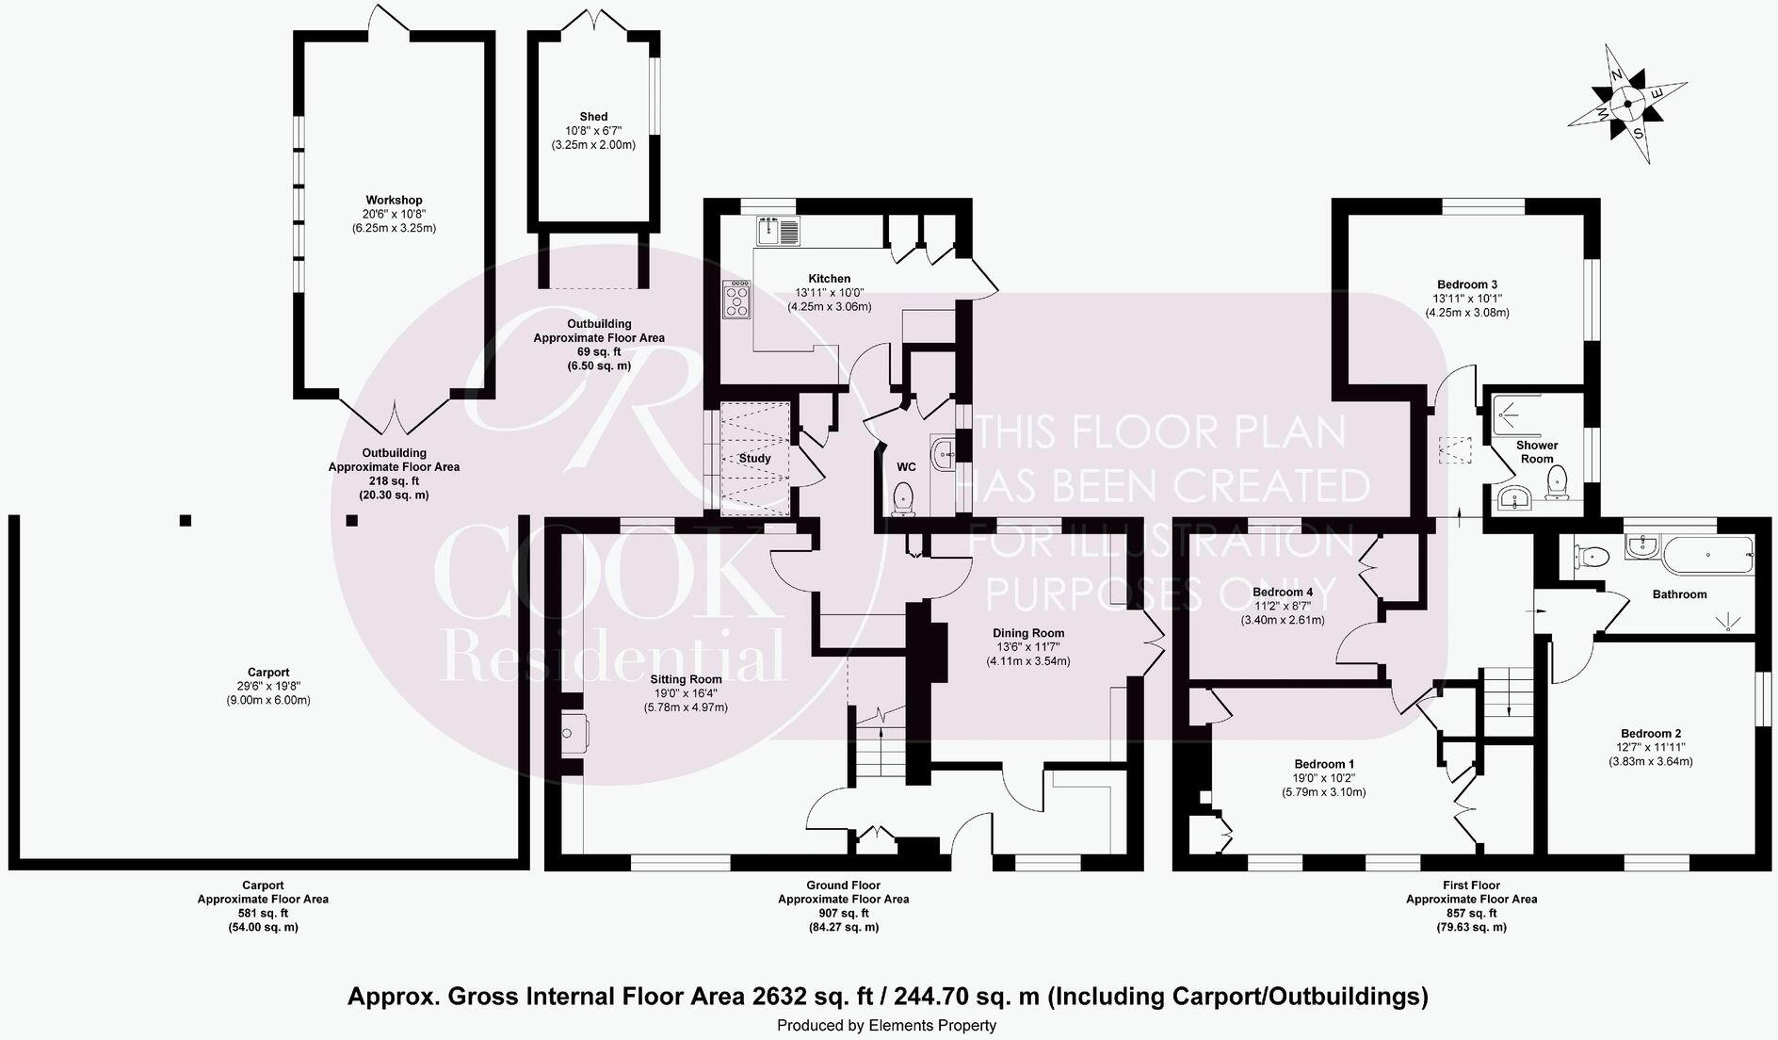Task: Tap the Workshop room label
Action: tap(394, 200)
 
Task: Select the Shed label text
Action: tap(593, 117)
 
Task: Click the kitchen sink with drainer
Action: tap(777, 231)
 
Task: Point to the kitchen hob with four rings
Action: tap(736, 301)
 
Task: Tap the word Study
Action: tap(754, 459)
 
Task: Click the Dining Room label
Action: tap(1028, 633)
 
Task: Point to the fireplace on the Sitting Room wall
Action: tap(572, 733)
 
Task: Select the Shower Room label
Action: tap(1537, 452)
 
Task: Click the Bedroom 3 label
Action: tap(1467, 284)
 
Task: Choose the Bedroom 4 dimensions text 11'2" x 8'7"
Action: tap(1283, 606)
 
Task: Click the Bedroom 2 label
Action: tap(1651, 733)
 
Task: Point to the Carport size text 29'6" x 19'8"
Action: tap(268, 686)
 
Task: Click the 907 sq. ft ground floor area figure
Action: tap(843, 913)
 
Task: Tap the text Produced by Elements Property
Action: tap(886, 1026)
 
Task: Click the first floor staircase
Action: tap(1509, 692)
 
